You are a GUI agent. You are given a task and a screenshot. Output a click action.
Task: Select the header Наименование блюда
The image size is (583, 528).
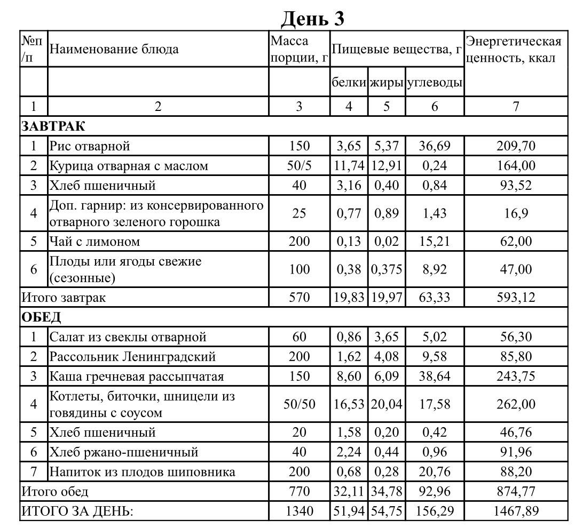coord(114,50)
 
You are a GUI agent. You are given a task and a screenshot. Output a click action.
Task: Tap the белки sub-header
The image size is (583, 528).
coord(349,83)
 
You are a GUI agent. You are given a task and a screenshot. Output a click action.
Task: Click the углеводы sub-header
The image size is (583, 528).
coord(434,83)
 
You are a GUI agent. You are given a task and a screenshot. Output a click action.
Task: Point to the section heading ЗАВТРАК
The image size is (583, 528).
coord(53,126)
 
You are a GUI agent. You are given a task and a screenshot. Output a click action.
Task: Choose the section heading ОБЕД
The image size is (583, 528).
coord(41,317)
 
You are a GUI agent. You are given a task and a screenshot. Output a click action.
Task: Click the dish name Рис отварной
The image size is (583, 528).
coord(90,146)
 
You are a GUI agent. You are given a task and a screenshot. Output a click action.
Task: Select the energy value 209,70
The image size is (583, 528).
coord(515,146)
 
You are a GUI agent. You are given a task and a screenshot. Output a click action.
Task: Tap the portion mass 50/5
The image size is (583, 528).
coord(299,166)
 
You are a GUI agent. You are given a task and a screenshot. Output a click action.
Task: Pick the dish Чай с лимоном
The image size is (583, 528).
coord(94,241)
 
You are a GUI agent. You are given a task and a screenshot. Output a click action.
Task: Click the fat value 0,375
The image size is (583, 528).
coord(387,269)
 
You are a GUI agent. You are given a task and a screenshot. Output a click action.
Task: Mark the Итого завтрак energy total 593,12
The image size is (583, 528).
coord(515,297)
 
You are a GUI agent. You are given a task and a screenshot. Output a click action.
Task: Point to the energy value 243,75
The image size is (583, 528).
coord(515,377)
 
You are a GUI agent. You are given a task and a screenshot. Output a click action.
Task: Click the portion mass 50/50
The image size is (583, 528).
coord(299,404)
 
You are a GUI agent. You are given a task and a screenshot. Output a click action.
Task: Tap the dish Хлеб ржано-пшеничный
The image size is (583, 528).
coord(124,452)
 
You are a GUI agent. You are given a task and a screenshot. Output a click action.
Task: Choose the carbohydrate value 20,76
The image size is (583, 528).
coord(434,472)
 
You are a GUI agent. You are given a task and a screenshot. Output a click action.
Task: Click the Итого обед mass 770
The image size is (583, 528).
coord(299,491)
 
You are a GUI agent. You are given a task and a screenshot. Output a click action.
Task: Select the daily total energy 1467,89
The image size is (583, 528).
coord(515,511)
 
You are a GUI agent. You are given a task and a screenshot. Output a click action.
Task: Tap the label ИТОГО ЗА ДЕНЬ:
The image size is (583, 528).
coord(77,511)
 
